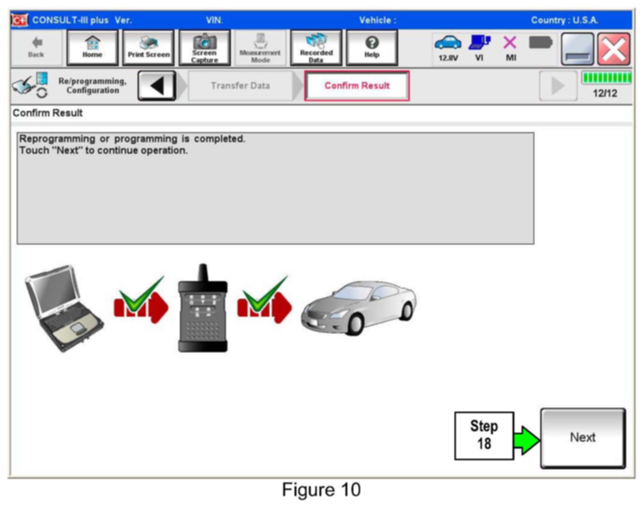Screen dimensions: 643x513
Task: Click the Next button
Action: click(x=582, y=438)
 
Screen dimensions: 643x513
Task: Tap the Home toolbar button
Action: click(x=92, y=48)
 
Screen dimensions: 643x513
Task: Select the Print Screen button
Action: click(x=148, y=48)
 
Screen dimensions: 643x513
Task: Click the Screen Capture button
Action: click(x=204, y=48)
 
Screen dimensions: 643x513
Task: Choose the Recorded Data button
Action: click(x=316, y=48)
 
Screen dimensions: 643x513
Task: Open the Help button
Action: click(x=371, y=48)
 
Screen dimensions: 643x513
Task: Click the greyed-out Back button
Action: click(x=36, y=48)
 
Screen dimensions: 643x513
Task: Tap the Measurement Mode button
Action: click(x=260, y=48)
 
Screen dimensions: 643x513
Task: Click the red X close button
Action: click(x=614, y=49)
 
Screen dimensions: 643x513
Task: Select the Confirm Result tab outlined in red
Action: click(x=357, y=86)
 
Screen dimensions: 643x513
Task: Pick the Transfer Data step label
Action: click(x=240, y=86)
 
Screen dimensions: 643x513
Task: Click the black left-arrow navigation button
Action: click(x=157, y=86)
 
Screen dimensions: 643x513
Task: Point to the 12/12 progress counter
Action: click(x=605, y=93)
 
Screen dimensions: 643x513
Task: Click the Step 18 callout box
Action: click(x=484, y=435)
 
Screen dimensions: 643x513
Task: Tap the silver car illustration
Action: click(x=359, y=307)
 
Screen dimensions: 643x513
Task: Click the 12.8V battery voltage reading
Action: click(x=448, y=58)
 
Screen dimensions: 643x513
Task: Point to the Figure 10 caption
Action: click(x=321, y=490)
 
